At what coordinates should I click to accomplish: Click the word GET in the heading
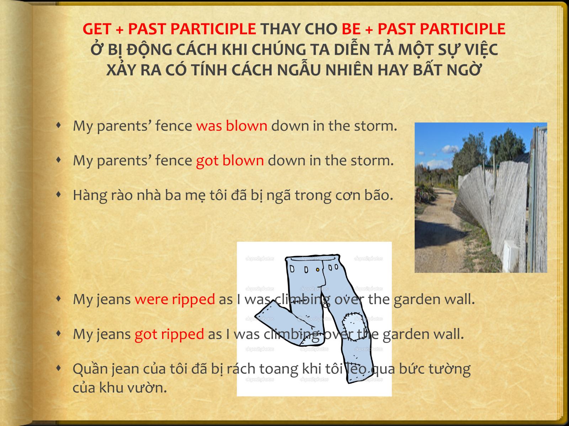point(97,29)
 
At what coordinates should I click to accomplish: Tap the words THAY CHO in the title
point(299,29)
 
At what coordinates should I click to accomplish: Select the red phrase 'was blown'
point(232,126)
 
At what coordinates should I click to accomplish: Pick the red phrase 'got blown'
point(230,160)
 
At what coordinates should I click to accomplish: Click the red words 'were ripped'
point(175,299)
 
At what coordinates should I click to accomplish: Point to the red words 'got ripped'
point(169,334)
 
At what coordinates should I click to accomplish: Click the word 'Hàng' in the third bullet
point(90,195)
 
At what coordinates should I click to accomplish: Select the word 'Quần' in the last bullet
point(90,368)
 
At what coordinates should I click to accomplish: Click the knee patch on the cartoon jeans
point(352,323)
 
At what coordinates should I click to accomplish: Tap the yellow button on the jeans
point(318,269)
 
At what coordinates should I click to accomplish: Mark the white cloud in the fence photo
point(450,149)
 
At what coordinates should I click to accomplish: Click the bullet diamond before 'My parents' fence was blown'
point(59,125)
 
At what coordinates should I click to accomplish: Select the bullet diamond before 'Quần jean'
point(59,368)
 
